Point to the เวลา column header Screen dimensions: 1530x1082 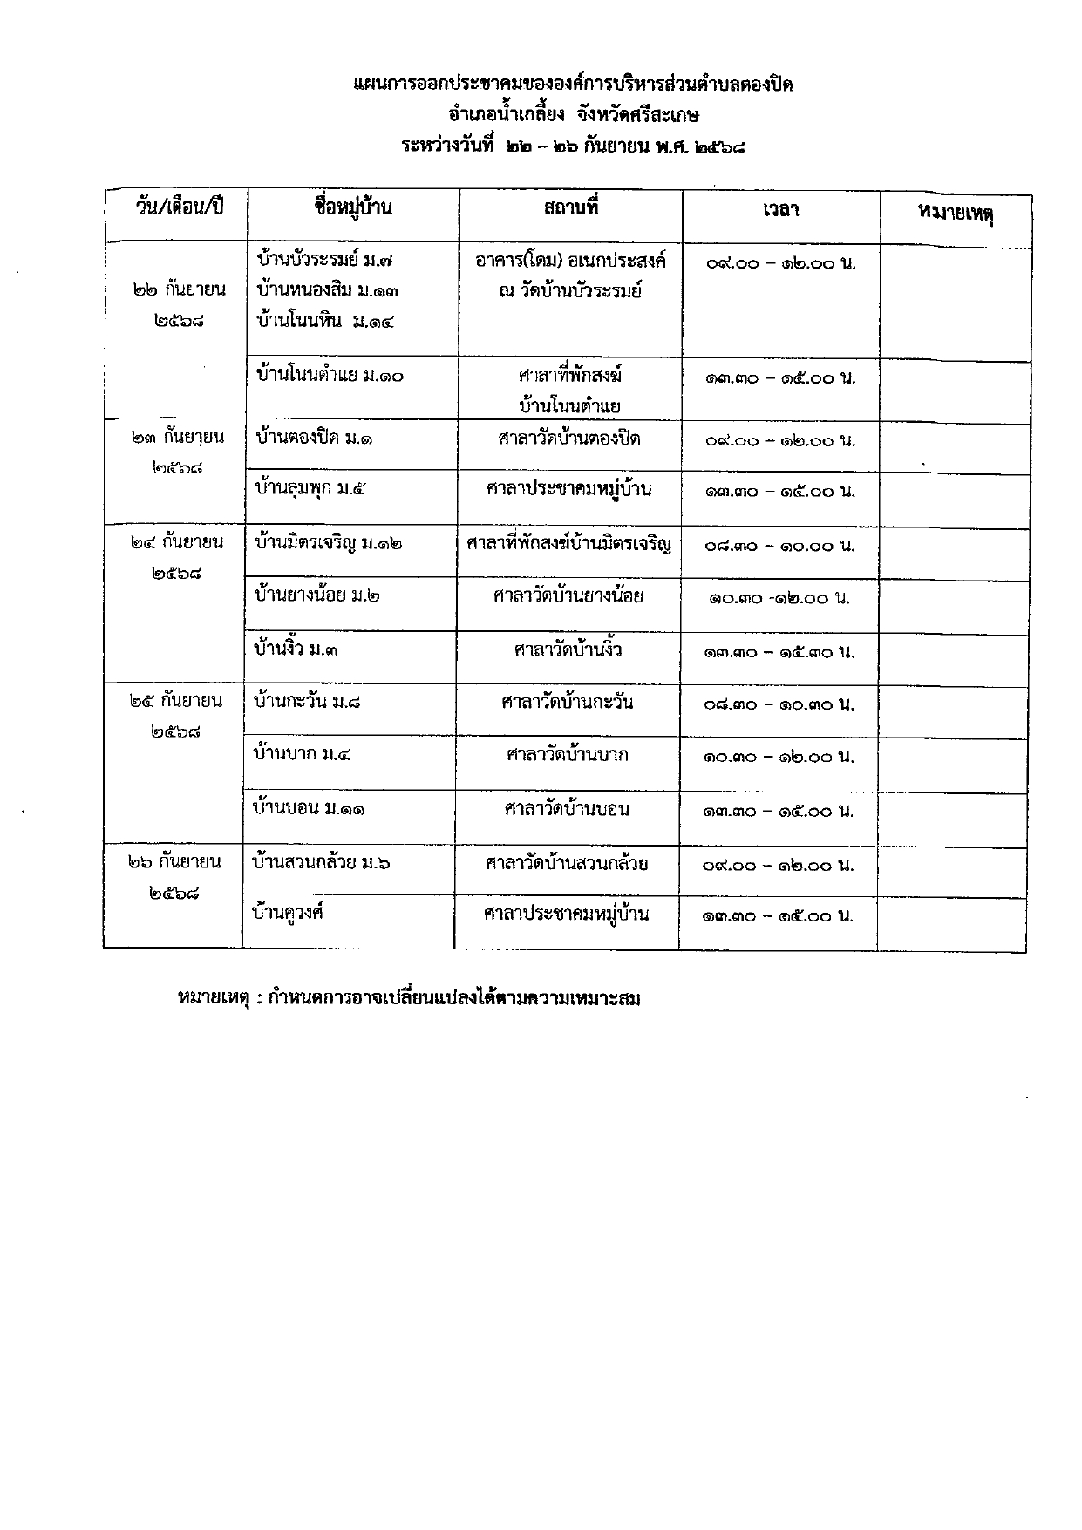tap(780, 210)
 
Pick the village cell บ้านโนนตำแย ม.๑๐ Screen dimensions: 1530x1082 tap(330, 377)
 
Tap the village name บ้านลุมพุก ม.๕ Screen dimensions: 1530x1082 tap(310, 488)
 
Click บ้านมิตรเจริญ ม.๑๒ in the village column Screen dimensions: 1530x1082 tap(328, 543)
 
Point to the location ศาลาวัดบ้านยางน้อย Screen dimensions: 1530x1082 tap(568, 596)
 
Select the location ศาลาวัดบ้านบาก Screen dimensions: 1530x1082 tap(568, 754)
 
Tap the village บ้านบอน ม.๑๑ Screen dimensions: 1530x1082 tap(308, 809)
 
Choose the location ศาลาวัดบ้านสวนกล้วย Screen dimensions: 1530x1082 tap(567, 864)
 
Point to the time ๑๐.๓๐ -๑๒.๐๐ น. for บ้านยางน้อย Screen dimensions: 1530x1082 tap(779, 599)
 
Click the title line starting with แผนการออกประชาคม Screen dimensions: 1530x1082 tap(573, 85)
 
